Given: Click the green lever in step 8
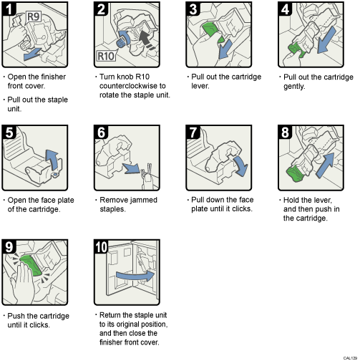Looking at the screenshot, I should click(x=293, y=173).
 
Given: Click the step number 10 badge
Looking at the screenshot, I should click(x=102, y=249).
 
